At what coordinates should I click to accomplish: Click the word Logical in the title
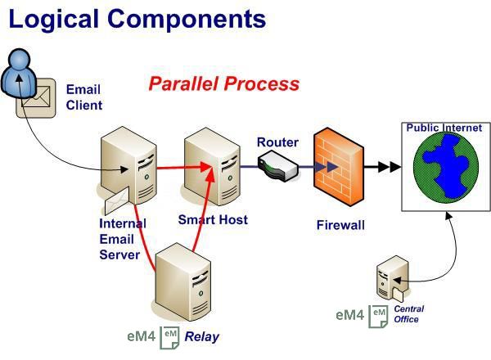point(53,20)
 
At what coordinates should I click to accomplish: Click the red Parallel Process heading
point(224,84)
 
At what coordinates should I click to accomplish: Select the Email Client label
point(84,97)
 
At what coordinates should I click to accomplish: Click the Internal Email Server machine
point(128,165)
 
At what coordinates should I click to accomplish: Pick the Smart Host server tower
point(212,167)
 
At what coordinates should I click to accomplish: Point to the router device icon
point(277,166)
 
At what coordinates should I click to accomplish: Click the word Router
point(277,142)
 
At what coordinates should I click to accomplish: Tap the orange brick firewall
point(339,167)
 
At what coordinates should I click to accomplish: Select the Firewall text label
point(340,225)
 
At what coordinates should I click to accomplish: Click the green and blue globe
point(446,168)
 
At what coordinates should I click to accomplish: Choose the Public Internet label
point(444,128)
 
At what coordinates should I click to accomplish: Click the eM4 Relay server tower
point(183,281)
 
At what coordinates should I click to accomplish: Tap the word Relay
point(201,337)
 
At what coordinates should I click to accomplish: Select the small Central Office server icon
point(392,278)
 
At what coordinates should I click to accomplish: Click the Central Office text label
point(408,314)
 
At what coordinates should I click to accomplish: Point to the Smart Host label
point(213,220)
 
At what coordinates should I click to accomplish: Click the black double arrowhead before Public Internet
point(390,167)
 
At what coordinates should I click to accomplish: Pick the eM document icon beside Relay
point(169,337)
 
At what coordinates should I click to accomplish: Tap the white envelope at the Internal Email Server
point(117,200)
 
